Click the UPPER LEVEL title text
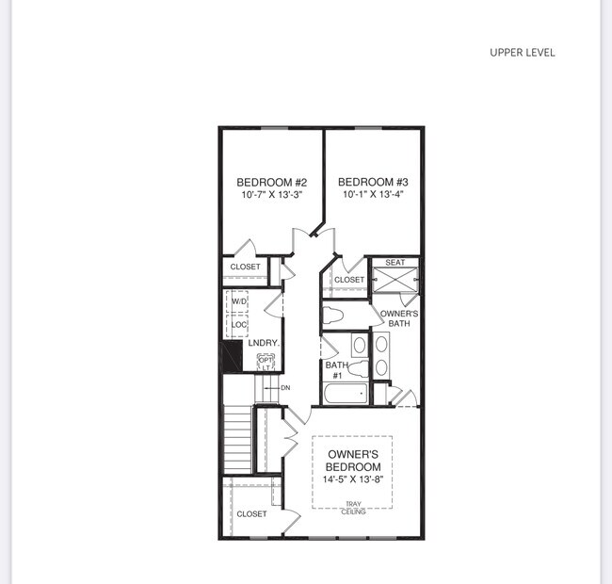(x=522, y=53)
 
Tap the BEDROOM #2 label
(x=272, y=182)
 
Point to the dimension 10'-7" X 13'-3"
(x=272, y=196)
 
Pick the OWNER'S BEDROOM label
(x=353, y=461)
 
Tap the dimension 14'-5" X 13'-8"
(x=353, y=479)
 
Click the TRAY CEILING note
(x=353, y=508)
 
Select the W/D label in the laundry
(x=239, y=301)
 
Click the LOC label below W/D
(x=239, y=325)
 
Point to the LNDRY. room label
(x=263, y=343)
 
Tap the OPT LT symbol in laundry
(x=266, y=362)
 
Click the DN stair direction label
(x=284, y=388)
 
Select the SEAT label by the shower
(x=395, y=263)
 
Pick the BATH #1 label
(x=336, y=370)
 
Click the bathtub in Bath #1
(x=344, y=394)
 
